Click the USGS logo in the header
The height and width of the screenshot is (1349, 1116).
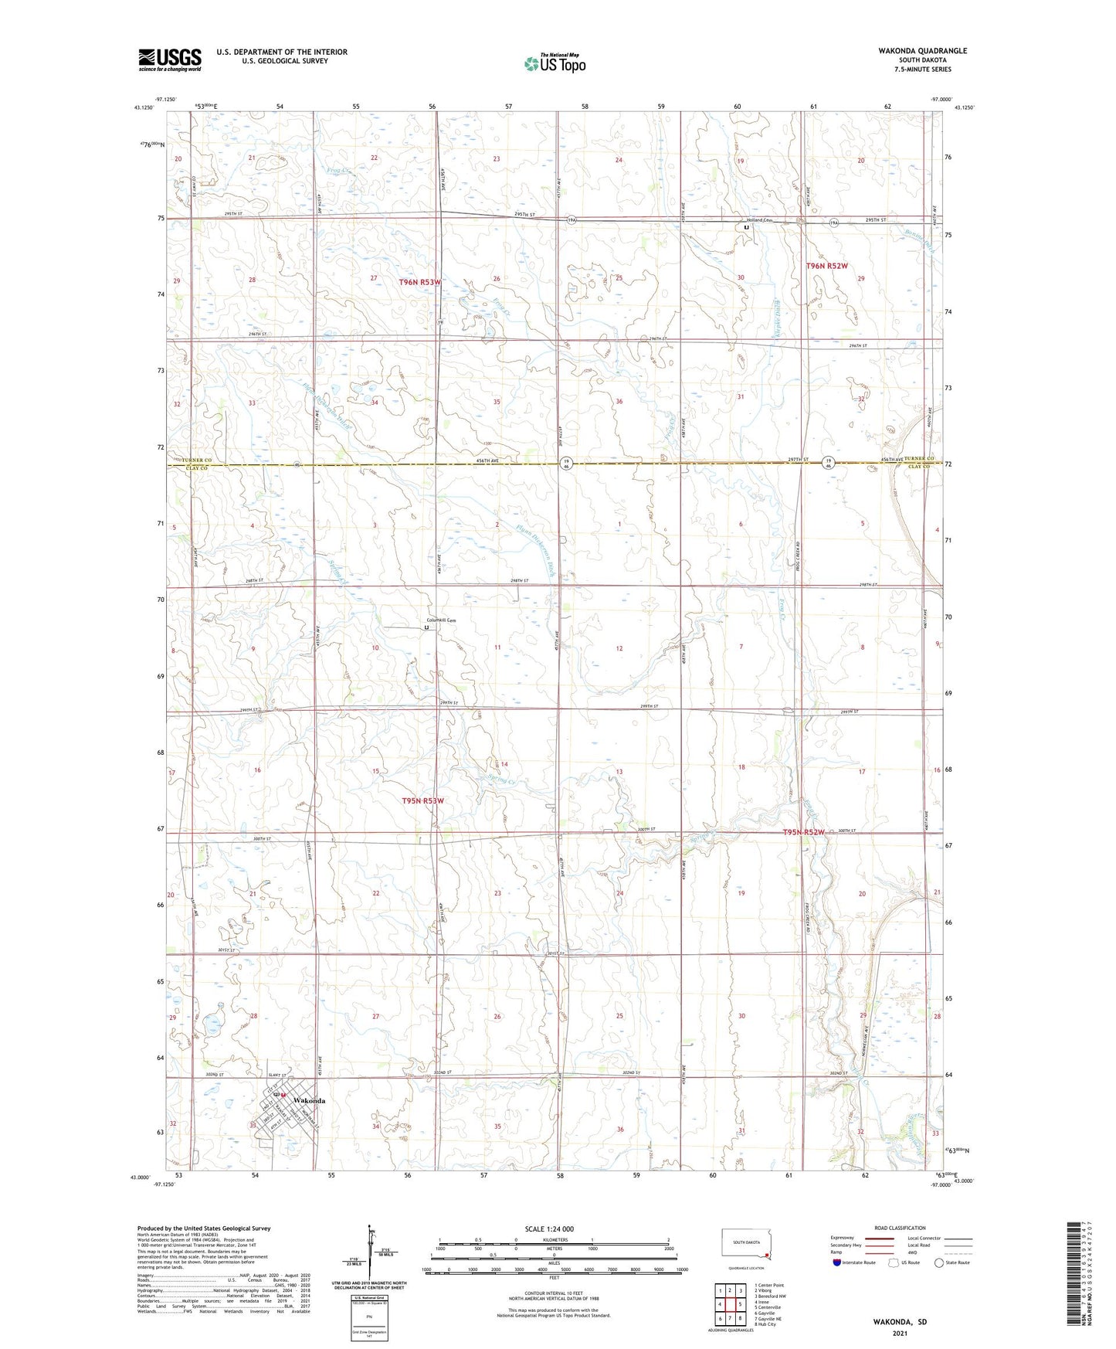[170, 59]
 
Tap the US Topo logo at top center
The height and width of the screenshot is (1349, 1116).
[555, 63]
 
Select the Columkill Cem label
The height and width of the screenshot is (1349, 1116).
[443, 620]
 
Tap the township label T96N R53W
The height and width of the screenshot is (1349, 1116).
[420, 282]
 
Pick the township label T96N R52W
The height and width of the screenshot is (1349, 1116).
[826, 266]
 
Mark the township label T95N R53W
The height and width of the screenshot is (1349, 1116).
[422, 800]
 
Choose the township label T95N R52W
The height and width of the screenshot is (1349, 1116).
[804, 832]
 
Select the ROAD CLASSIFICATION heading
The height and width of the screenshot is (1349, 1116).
[901, 1228]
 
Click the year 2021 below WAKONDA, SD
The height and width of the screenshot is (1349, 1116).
[899, 1333]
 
